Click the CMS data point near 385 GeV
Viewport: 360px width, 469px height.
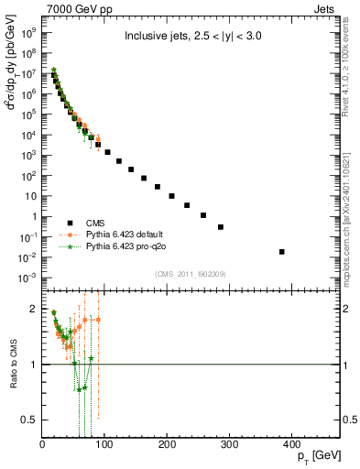(282, 252)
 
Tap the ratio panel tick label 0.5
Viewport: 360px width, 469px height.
(30, 420)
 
